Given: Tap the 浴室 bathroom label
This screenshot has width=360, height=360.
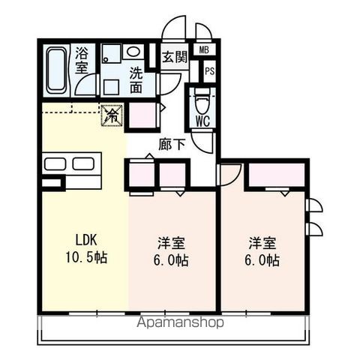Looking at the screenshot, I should [82, 63].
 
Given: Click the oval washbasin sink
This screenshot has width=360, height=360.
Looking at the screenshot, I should [133, 52].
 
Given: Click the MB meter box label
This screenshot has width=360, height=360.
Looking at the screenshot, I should [203, 50].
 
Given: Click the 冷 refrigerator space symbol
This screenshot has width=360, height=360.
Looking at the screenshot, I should [111, 115].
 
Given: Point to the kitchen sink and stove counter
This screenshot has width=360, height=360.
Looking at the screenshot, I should [72, 164].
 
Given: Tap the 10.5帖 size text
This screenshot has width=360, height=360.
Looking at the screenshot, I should [84, 259].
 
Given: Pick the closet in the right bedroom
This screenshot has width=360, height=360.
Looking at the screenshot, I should [274, 175].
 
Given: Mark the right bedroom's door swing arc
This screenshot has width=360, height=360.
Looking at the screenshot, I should [229, 174].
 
